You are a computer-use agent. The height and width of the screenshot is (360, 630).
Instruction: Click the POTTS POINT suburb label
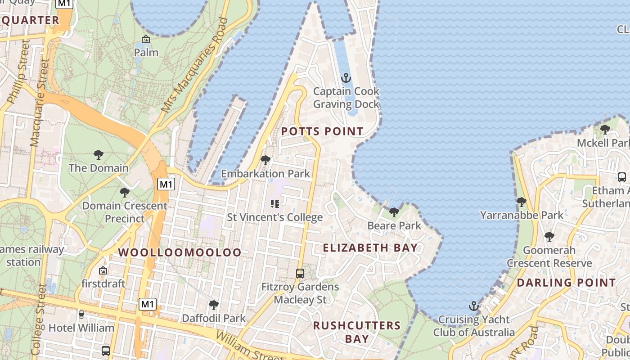tap(322, 131)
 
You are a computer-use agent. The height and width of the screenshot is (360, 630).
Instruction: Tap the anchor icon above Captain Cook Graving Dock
tap(346, 78)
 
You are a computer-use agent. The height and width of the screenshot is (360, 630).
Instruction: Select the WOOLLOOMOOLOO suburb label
tap(180, 252)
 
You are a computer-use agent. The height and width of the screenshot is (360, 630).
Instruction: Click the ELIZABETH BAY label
tap(370, 247)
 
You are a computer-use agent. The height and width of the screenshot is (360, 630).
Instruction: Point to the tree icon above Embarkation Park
tap(265, 160)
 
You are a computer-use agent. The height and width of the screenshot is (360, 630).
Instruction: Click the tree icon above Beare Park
tap(394, 212)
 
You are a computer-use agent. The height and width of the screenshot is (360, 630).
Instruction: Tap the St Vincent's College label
tap(274, 217)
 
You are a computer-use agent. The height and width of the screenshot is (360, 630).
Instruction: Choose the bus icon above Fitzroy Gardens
tap(300, 273)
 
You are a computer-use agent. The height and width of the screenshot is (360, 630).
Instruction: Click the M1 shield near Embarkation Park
tap(166, 184)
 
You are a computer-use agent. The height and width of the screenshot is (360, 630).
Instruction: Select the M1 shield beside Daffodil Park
tap(147, 304)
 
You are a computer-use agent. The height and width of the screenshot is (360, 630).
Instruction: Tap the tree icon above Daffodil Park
tap(214, 305)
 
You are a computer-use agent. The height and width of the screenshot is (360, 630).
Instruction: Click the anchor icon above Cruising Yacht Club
tap(473, 306)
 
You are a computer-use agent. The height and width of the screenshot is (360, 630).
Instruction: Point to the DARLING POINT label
tap(566, 283)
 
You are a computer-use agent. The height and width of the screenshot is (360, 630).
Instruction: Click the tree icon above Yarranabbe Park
tap(522, 202)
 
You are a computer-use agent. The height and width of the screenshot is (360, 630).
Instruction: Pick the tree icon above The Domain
tap(99, 155)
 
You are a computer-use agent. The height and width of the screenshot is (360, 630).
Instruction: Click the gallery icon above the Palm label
tap(146, 40)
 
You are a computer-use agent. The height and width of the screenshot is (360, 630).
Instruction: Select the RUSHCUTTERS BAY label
tap(357, 332)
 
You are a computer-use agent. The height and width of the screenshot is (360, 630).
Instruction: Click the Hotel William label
tap(81, 328)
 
